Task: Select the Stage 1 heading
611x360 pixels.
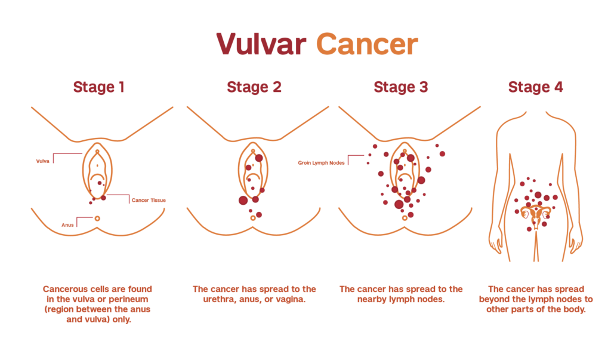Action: tap(98, 87)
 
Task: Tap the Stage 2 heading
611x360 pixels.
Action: tap(254, 87)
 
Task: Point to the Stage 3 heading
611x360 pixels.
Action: tap(400, 87)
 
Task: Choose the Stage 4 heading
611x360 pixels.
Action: tap(535, 87)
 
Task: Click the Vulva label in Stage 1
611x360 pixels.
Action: tap(42, 161)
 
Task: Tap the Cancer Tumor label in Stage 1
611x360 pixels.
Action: tap(149, 200)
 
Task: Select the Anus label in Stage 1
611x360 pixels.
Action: tap(67, 225)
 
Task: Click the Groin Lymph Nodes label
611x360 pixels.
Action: tap(321, 162)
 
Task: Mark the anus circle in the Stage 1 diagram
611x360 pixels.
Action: tap(97, 219)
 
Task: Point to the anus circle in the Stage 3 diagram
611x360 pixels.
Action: tap(405, 219)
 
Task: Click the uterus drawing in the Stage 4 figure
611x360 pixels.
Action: tap(535, 213)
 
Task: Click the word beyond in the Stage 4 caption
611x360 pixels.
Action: tap(499, 299)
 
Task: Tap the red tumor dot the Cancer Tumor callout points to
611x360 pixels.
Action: tap(103, 198)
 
